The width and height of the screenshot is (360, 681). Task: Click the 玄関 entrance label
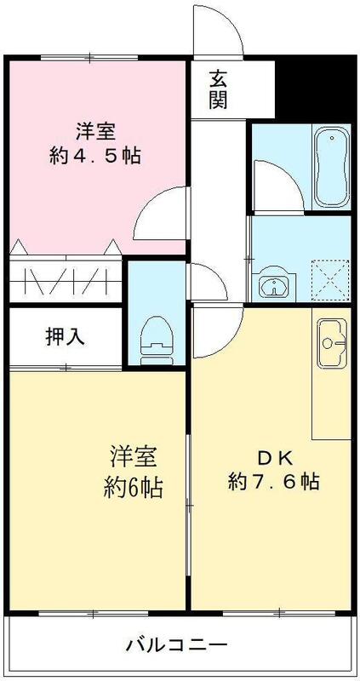pyautogui.click(x=219, y=89)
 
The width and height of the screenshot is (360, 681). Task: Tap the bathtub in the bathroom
pyautogui.click(x=331, y=168)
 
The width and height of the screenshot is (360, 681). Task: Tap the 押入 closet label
pyautogui.click(x=66, y=337)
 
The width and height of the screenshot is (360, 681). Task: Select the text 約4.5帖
pyautogui.click(x=95, y=156)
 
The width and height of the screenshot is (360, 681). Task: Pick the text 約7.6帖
pyautogui.click(x=274, y=481)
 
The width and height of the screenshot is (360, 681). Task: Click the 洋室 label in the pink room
pyautogui.click(x=94, y=132)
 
